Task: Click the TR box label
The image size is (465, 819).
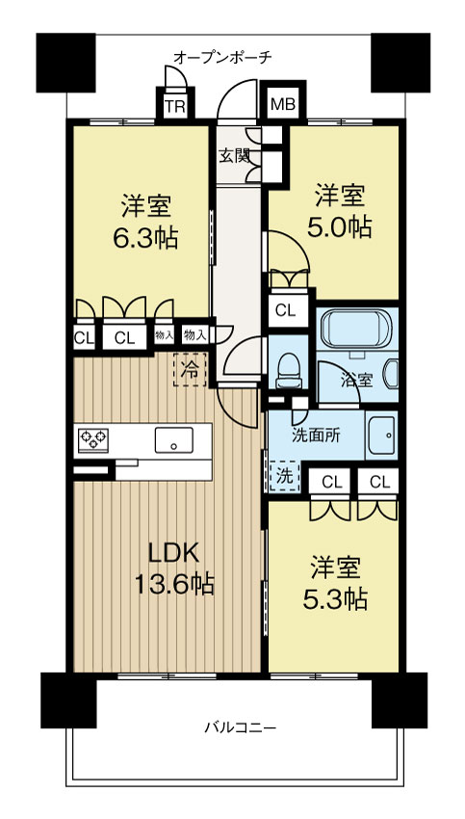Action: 175,106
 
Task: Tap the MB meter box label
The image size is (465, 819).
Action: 283,104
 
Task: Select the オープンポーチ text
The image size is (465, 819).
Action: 222,57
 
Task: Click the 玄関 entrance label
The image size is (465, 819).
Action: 234,156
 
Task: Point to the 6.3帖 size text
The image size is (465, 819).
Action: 145,238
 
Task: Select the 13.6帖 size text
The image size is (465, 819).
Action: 174,583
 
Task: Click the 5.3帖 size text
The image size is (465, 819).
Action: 335,599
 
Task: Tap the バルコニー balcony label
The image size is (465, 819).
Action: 240,727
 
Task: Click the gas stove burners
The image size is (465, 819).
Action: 92,439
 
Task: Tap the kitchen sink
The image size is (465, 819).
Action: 174,439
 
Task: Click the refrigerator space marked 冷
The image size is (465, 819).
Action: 190,370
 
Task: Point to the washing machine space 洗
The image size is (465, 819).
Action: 284,476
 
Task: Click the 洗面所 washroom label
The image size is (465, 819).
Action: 313,436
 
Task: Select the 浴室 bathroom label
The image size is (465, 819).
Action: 357,381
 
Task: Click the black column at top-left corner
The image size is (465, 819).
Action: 65,63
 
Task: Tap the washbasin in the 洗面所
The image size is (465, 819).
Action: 382,435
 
